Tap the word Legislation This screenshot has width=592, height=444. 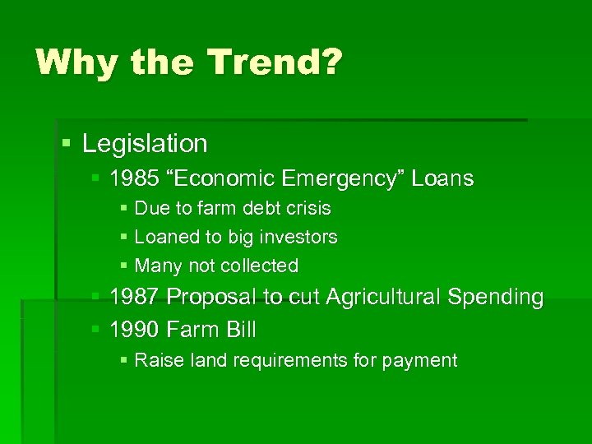(145, 144)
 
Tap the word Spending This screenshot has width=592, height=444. (496, 297)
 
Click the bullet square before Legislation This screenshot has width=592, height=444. (67, 145)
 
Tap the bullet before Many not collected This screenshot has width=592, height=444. (124, 266)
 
